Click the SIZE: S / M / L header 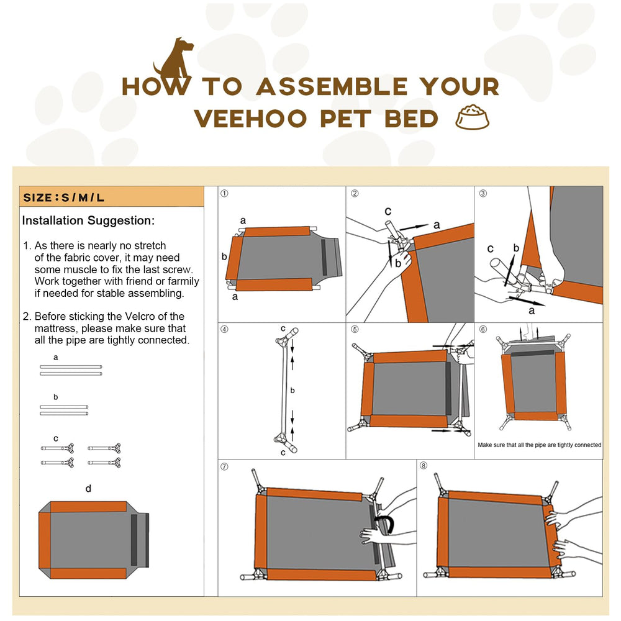64,198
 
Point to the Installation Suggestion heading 88,220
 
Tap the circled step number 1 225,194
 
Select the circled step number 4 225,330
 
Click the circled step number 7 225,466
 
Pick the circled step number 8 424,466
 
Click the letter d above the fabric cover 88,489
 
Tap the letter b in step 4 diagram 292,391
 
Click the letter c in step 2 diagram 388,211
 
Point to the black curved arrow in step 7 385,525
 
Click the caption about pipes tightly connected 539,445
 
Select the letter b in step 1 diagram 224,256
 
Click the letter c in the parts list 56,438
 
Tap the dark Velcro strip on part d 134,540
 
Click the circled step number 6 483,330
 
